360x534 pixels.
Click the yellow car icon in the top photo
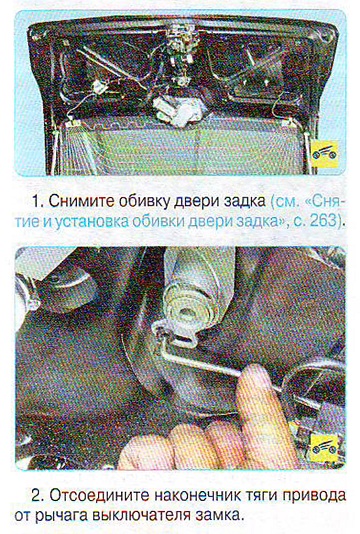click(x=325, y=154)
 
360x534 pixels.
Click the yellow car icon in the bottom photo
click(x=325, y=449)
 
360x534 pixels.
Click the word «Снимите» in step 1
click(x=81, y=201)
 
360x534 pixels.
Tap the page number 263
click(x=323, y=222)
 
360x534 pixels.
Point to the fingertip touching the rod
click(x=255, y=373)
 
